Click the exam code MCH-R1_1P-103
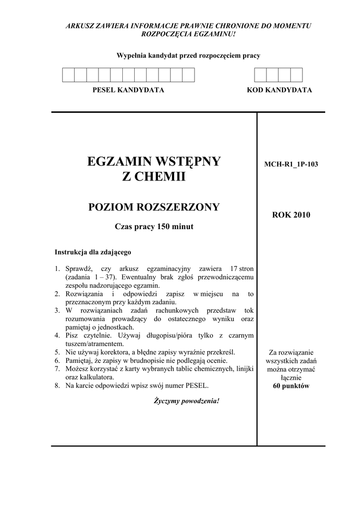[291, 164]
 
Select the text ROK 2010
[291, 215]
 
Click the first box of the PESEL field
[68, 75]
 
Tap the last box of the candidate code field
[296, 75]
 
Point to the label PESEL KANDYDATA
[128, 90]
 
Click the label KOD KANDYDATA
[279, 90]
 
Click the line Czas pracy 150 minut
[154, 227]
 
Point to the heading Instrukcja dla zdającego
[92, 252]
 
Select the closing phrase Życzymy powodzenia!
[186, 401]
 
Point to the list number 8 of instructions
[57, 385]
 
